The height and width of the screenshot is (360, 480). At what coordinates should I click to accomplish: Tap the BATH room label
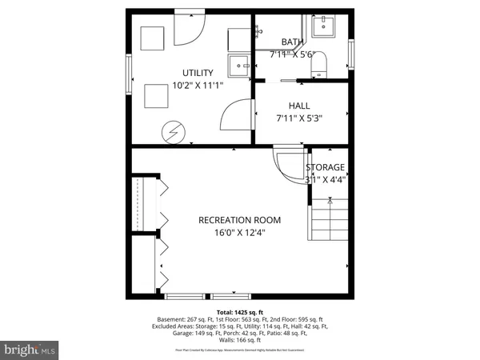[x=292, y=42]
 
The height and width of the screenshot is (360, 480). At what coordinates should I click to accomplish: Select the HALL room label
[x=299, y=105]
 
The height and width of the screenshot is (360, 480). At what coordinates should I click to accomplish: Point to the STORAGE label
[x=325, y=167]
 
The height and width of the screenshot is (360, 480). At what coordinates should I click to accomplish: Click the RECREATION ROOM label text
[x=240, y=220]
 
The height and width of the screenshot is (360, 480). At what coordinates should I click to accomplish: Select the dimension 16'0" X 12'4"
[x=240, y=233]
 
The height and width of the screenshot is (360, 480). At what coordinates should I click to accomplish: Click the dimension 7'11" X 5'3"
[x=299, y=118]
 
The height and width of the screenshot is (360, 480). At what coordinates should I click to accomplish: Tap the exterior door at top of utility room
[x=190, y=28]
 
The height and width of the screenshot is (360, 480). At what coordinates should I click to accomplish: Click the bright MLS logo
[x=30, y=350]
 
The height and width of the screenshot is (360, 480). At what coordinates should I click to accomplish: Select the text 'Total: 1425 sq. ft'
[x=240, y=312]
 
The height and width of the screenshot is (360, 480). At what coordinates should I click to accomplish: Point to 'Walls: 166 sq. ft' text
[x=240, y=342]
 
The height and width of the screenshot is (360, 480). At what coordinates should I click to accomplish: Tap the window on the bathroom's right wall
[x=350, y=54]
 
